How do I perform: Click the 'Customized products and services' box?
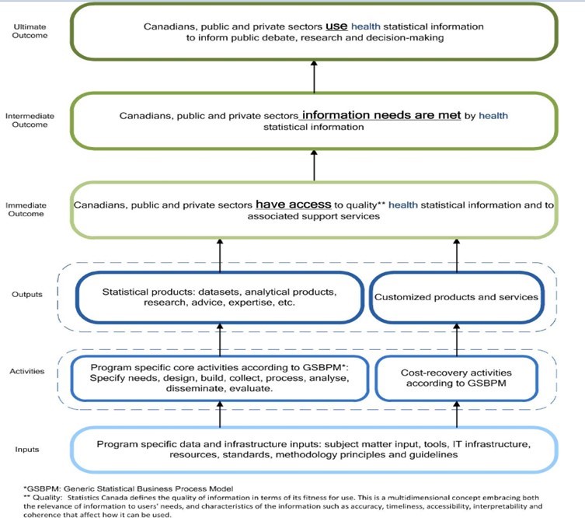(x=456, y=296)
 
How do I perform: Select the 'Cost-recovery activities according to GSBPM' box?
(x=457, y=377)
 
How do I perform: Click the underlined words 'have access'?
(x=291, y=205)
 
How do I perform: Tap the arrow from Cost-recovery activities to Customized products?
(x=455, y=338)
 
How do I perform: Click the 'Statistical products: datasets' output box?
(x=220, y=296)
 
